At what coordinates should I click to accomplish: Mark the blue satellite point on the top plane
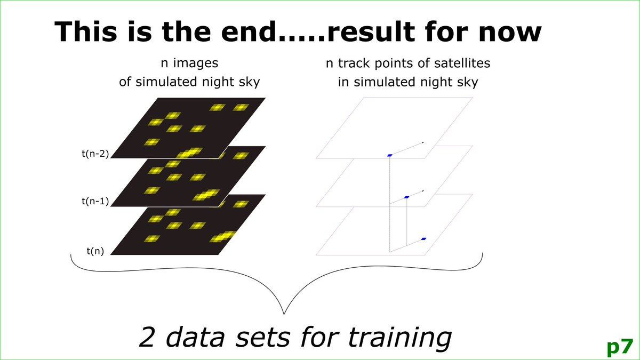tap(390, 155)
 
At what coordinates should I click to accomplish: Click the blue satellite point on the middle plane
tap(406, 197)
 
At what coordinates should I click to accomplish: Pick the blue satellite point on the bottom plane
tap(423, 239)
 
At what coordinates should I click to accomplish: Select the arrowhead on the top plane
tap(423, 142)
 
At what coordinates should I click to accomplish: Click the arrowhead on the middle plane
tap(423, 190)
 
